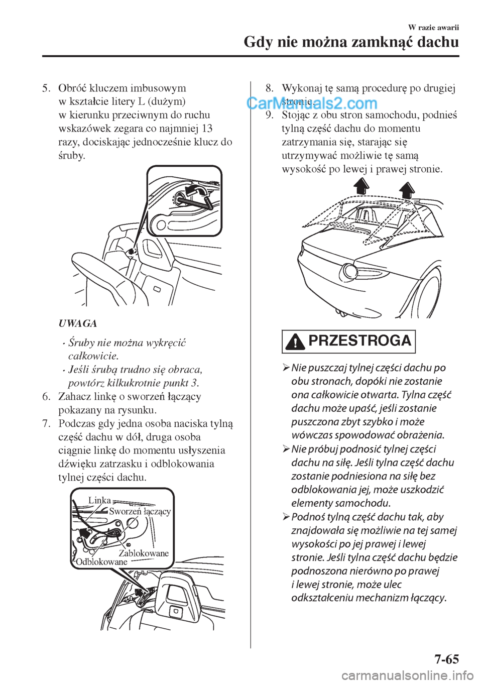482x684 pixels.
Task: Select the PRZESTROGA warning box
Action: [x=349, y=341]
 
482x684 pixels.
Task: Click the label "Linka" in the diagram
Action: [x=99, y=500]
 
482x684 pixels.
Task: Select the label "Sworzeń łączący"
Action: [x=140, y=511]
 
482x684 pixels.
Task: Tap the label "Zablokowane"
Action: [x=144, y=553]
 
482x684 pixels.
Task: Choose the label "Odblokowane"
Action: [x=101, y=562]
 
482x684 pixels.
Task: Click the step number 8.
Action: [x=269, y=88]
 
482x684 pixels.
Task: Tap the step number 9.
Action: [x=269, y=115]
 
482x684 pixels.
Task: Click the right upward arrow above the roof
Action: [x=407, y=189]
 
